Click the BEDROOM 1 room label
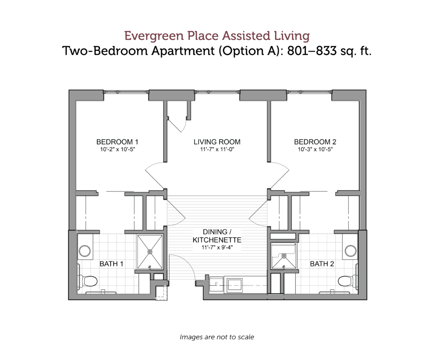click(117, 142)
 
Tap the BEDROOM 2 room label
click(315, 142)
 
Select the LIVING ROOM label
click(217, 142)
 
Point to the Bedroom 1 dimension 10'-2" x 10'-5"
click(117, 150)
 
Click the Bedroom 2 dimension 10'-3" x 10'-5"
click(315, 150)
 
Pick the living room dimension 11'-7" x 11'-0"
click(217, 150)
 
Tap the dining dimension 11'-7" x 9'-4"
click(217, 247)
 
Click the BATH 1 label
click(111, 264)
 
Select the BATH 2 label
click(322, 264)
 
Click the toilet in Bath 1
click(89, 281)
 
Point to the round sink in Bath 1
click(84, 251)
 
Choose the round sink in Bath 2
click(351, 251)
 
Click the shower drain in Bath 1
click(150, 252)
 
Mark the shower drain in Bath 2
click(284, 256)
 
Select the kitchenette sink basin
click(235, 285)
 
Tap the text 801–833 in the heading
click(312, 51)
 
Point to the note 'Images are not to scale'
click(217, 337)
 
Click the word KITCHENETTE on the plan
click(217, 240)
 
